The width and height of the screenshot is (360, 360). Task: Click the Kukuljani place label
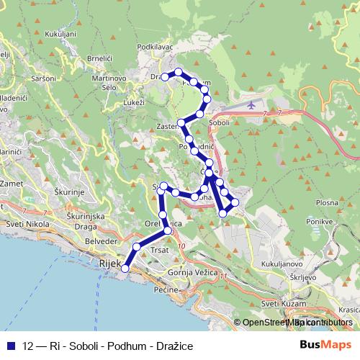60,33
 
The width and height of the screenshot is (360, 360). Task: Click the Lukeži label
135,102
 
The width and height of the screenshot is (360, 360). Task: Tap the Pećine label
166,289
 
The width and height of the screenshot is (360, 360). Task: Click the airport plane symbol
251,105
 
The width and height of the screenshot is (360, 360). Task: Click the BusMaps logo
321,346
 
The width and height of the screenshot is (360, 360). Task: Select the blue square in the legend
12,346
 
